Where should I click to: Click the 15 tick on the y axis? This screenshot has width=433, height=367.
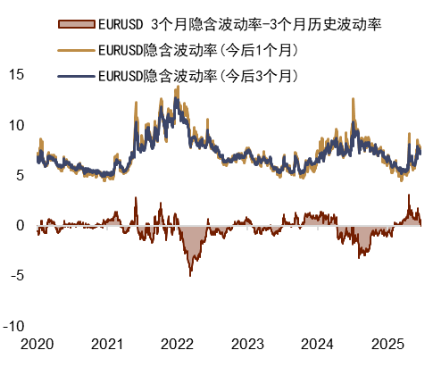click(x=17, y=75)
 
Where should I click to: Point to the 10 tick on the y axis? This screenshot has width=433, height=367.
click(x=17, y=125)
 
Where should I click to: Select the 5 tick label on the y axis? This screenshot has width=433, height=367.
click(x=21, y=175)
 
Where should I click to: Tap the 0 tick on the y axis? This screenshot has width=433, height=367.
click(x=21, y=225)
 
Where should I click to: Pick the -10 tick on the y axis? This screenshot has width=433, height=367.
click(x=14, y=325)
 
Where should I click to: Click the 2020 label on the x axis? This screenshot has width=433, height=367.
click(x=37, y=344)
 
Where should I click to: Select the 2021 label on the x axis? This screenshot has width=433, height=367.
click(x=107, y=344)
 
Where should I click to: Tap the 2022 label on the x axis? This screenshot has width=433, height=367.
click(x=178, y=344)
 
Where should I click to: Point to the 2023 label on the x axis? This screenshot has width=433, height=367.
click(x=247, y=344)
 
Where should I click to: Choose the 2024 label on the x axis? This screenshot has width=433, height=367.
click(x=318, y=344)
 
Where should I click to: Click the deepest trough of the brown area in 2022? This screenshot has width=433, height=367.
click(x=190, y=274)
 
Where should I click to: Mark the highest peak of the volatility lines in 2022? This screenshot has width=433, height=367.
click(x=176, y=89)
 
